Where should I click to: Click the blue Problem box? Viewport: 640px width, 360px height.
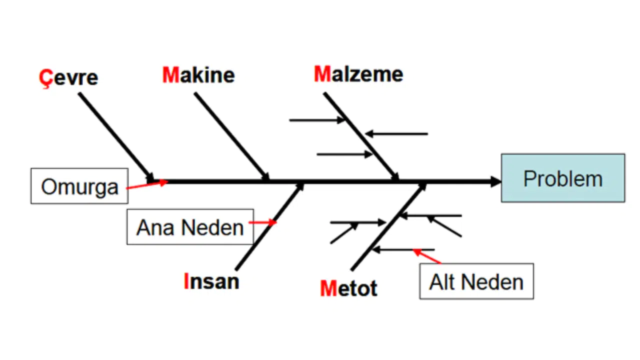(563, 178)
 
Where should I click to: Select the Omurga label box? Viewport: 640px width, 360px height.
(79, 186)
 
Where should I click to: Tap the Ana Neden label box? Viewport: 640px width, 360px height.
(190, 227)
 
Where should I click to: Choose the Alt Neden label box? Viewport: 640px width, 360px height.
(476, 281)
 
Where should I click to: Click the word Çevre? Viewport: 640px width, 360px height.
(68, 77)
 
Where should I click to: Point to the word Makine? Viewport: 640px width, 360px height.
(198, 75)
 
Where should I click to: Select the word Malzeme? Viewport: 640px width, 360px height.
(358, 74)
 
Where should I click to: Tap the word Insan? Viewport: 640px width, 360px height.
(211, 281)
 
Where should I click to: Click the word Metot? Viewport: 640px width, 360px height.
(348, 288)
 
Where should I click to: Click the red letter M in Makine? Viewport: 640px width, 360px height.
(171, 75)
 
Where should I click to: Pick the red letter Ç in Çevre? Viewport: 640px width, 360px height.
(46, 78)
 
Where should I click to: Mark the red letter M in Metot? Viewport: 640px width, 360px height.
(328, 288)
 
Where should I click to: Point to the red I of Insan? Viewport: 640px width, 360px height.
(186, 281)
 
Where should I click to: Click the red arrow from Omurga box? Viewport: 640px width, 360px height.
(147, 184)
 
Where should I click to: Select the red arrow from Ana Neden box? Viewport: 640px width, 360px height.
(262, 222)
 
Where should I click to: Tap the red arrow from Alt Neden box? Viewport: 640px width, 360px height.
(427, 256)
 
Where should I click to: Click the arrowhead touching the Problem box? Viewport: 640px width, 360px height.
(495, 181)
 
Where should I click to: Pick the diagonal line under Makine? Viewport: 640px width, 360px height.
(231, 136)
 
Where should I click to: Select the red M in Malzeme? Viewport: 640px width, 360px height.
(322, 74)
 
